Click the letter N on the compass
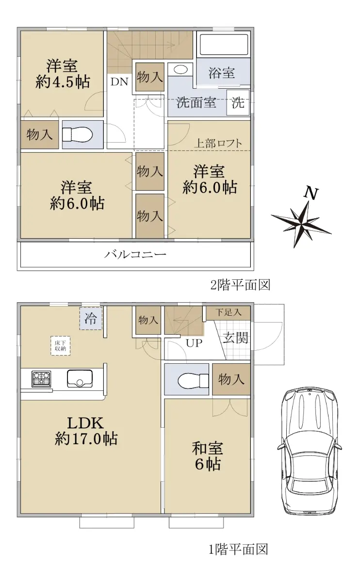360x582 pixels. click(311, 194)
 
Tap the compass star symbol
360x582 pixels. click(301, 224)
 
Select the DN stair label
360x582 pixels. click(119, 82)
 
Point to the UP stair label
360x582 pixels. click(194, 343)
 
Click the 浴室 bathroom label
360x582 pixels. click(222, 73)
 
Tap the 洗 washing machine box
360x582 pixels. click(238, 103)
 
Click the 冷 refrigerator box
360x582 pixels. click(91, 319)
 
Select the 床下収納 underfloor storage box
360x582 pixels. click(60, 346)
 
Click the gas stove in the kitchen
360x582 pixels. click(41, 379)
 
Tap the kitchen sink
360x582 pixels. click(80, 379)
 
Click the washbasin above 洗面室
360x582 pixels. click(180, 70)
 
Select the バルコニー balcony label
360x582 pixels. click(135, 254)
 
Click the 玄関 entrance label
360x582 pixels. click(235, 338)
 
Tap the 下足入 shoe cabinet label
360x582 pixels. click(228, 312)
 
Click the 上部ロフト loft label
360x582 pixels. click(218, 143)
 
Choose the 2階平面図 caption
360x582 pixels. click(240, 285)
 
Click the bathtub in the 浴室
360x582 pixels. click(224, 45)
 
